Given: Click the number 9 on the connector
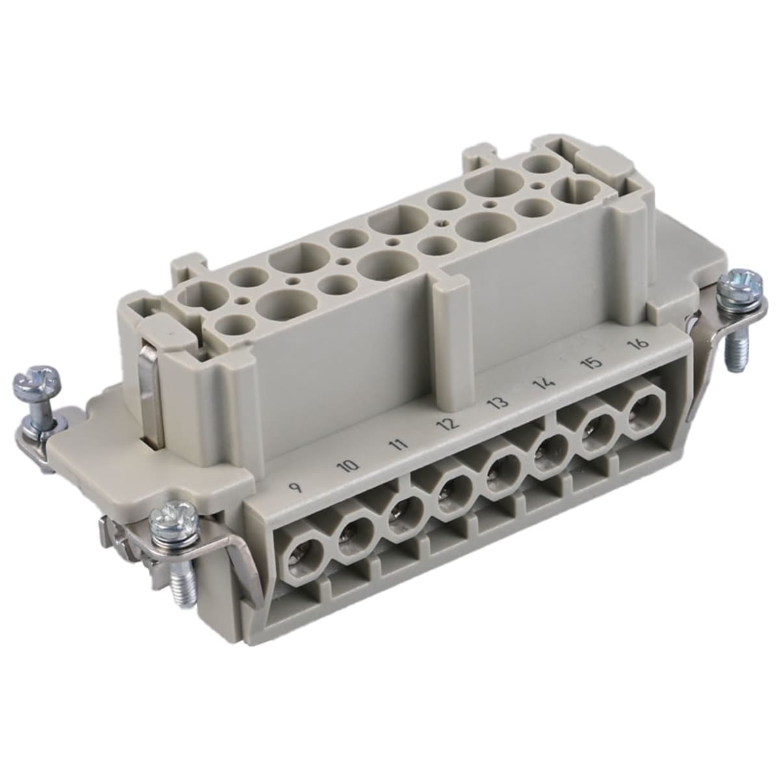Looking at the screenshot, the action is (298, 487).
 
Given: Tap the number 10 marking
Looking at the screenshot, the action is (350, 466).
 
